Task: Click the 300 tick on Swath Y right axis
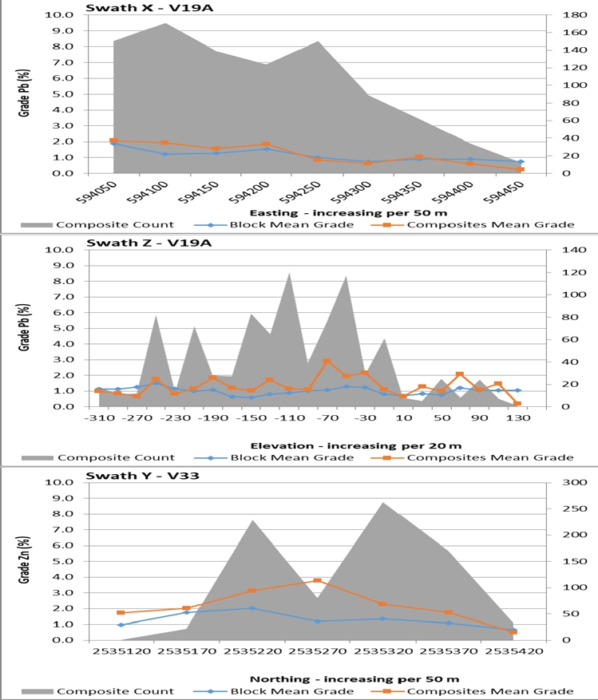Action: pyautogui.click(x=556, y=482)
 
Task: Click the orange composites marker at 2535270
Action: pyautogui.click(x=317, y=581)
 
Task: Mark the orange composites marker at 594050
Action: pyautogui.click(x=113, y=140)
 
